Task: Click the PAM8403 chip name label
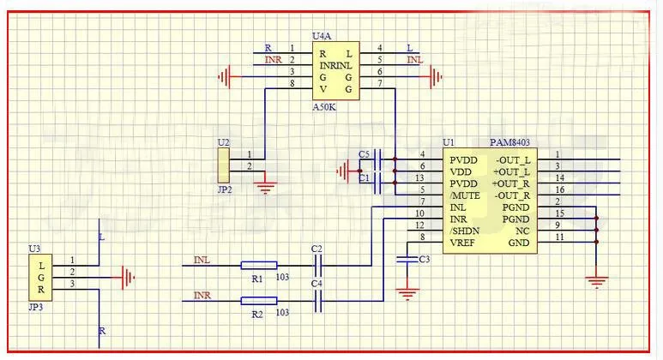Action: coord(510,143)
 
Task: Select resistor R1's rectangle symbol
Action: coord(258,266)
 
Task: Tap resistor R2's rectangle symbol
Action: coord(258,300)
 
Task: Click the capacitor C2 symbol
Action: coord(318,266)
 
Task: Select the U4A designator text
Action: coord(322,36)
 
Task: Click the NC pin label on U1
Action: coord(523,230)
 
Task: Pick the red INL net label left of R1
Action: coord(202,259)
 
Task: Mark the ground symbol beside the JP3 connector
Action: coord(129,277)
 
